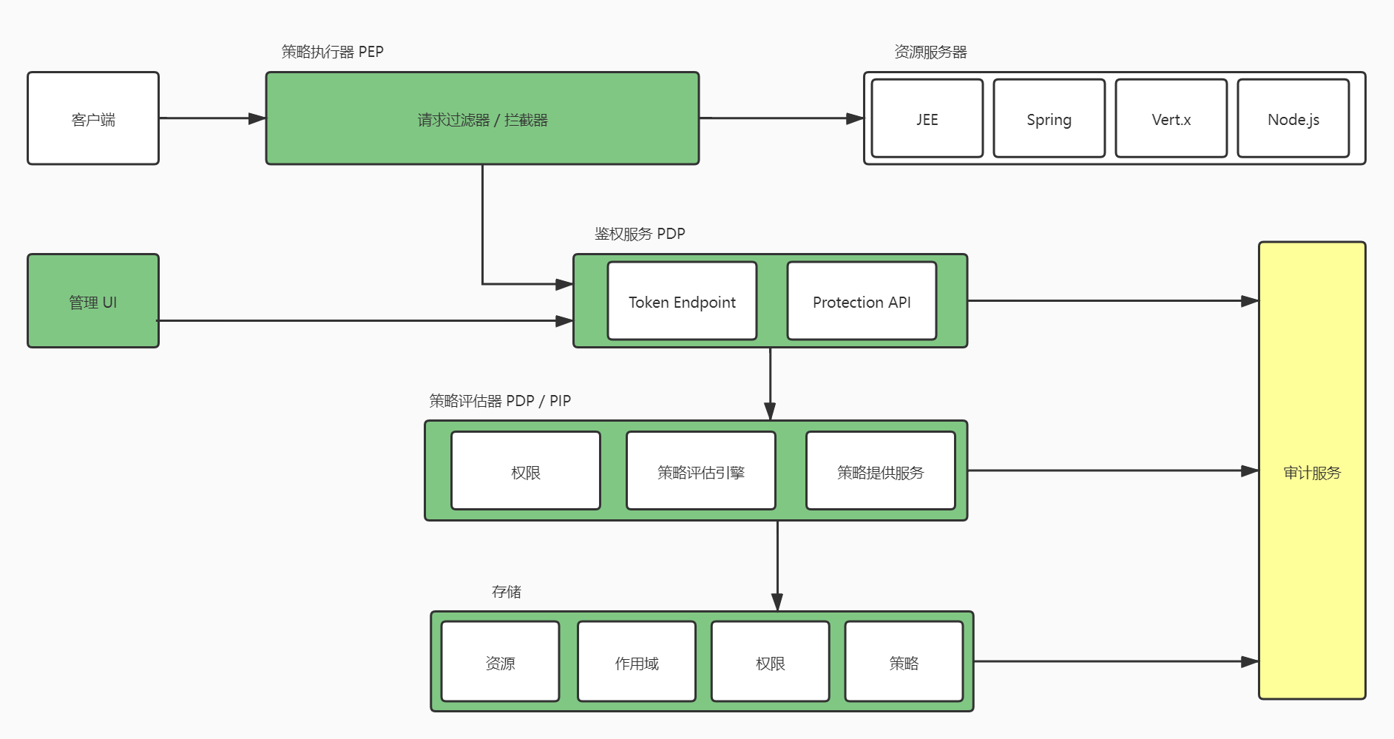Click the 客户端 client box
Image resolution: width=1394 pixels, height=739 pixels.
point(93,118)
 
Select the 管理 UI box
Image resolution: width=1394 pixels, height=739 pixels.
point(93,301)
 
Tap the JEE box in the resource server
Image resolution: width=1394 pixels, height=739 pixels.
point(927,118)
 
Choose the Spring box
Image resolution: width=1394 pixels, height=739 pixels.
point(1049,118)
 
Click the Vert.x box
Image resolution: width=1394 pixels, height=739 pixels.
point(1171,118)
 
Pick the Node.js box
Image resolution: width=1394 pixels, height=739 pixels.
point(1293,118)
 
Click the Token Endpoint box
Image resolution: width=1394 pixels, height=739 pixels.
point(682,301)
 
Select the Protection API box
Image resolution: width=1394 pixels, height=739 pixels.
point(862,301)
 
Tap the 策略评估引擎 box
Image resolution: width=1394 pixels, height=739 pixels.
point(700,471)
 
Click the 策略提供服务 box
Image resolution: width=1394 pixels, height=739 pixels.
point(880,471)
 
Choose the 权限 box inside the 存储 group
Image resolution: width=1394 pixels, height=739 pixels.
point(770,662)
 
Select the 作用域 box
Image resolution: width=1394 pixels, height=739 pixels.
point(636,662)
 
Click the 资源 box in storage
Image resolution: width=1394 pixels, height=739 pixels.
point(500,662)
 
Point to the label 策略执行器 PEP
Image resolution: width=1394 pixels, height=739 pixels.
point(332,52)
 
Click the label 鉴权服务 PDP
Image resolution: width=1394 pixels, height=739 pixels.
point(640,234)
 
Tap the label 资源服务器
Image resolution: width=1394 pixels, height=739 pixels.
point(930,52)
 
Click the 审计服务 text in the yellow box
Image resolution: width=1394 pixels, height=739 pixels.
point(1312,473)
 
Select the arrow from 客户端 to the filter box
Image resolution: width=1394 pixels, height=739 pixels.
point(211,118)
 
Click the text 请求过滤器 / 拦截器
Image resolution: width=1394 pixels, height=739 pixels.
point(482,120)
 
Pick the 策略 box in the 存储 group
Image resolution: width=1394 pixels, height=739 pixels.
point(904,662)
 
